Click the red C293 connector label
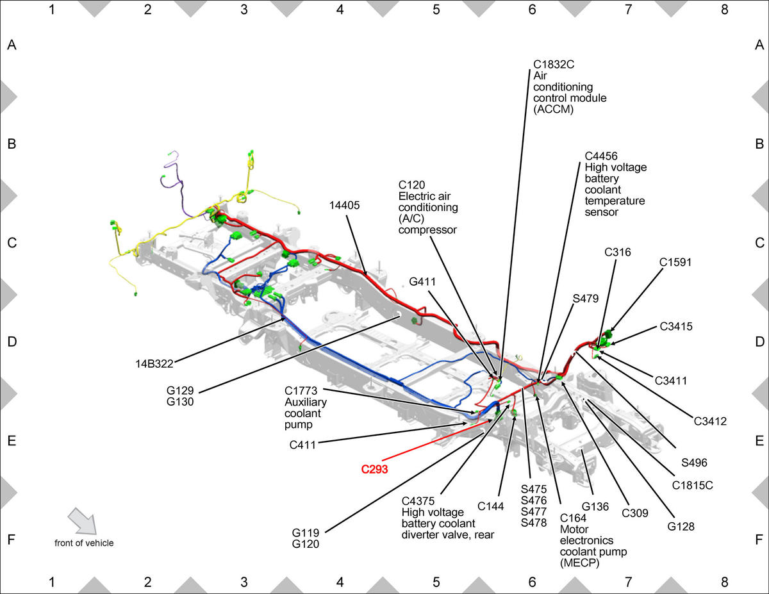(374, 470)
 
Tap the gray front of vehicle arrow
(82, 521)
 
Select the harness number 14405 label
(344, 205)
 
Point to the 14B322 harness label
(154, 364)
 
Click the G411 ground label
(422, 281)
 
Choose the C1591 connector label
(675, 262)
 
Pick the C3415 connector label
(676, 326)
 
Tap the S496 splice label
(694, 463)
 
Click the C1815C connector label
(692, 485)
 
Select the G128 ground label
(681, 527)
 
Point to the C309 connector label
(635, 513)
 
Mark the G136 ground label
(595, 507)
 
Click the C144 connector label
(490, 506)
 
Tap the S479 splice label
(586, 299)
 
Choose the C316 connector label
(618, 252)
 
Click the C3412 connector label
(710, 421)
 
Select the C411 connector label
(302, 445)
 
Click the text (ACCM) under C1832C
(554, 110)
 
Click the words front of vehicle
(84, 543)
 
